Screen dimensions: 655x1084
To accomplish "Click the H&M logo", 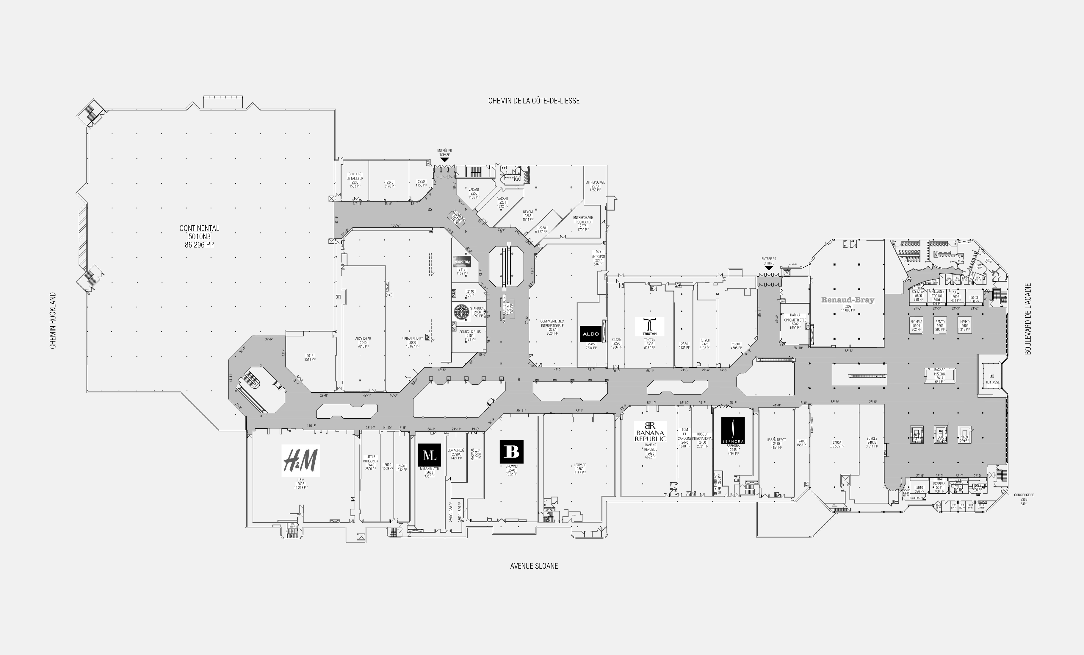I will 300,461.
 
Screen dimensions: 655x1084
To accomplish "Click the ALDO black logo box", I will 590,334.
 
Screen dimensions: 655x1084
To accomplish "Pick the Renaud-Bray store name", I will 847,300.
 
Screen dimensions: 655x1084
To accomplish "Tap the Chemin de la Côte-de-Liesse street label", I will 534,101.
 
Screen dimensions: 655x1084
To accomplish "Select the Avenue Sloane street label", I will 534,566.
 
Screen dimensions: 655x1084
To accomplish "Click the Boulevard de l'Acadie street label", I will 1028,319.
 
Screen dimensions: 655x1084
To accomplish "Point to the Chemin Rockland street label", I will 53,320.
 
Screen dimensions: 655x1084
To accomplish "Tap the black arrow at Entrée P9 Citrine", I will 769,268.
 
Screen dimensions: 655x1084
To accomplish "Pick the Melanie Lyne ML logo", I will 429,455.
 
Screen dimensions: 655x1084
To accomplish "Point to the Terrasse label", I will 992,382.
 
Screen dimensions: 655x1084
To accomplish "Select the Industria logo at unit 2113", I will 461,261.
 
